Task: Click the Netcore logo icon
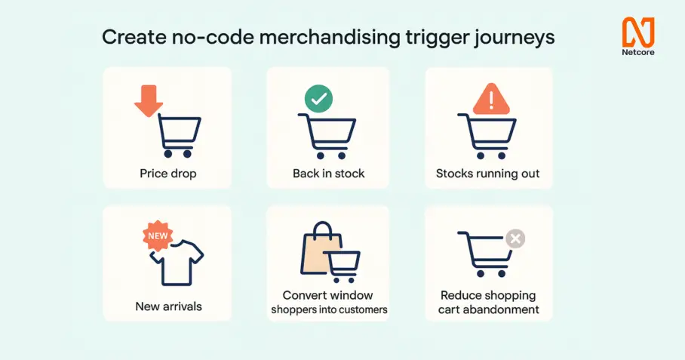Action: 638,32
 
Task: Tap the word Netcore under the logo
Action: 638,52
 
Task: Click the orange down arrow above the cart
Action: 149,100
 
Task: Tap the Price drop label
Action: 168,174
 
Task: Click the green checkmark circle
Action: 318,99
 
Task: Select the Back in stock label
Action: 328,174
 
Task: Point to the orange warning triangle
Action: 491,99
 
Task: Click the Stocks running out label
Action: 488,174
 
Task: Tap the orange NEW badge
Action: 158,236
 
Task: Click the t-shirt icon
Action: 177,263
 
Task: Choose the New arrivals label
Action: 169,306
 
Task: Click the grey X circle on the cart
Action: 515,238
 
